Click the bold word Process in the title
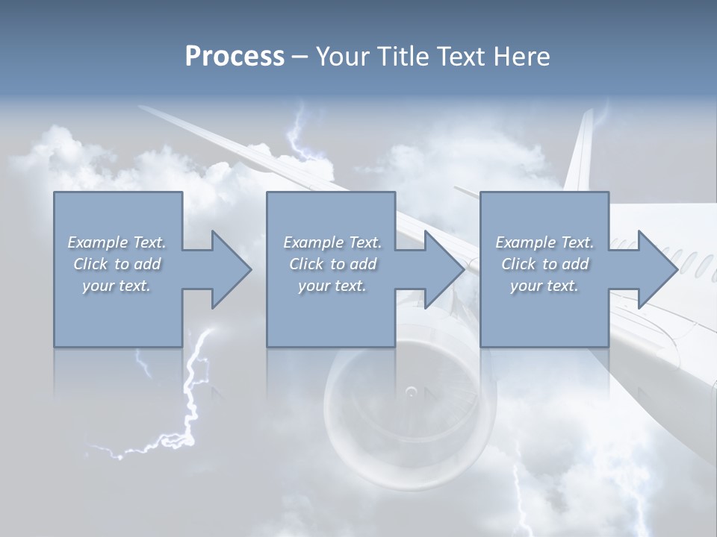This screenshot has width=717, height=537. click(235, 57)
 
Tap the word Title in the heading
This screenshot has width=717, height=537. click(401, 57)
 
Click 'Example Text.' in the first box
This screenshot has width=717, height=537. click(117, 242)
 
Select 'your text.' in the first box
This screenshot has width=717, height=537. click(117, 286)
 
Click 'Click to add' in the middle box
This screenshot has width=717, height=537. click(332, 264)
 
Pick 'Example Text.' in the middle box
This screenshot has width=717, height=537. click(332, 242)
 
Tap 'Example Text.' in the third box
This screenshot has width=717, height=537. click(544, 242)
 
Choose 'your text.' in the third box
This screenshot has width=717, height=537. click(544, 286)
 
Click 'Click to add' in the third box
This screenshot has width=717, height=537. click(544, 264)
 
